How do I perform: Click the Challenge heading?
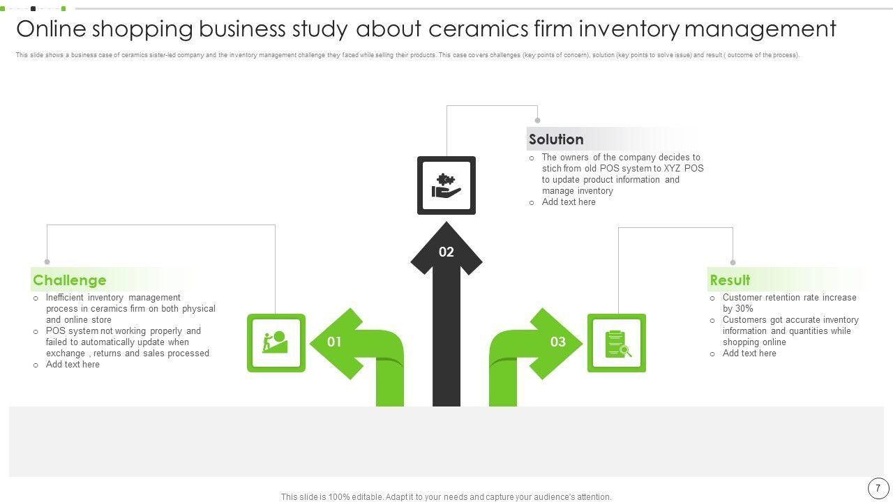[70, 280]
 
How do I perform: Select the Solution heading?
[556, 139]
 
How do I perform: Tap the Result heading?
[730, 280]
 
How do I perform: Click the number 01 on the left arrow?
[334, 342]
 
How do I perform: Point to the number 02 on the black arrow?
[446, 252]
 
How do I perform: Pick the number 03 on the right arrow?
[558, 342]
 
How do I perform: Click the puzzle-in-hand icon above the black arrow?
[446, 185]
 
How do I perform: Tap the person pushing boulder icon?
[276, 342]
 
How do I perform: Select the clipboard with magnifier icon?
[617, 343]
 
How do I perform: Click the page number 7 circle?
[878, 488]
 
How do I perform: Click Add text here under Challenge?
[73, 365]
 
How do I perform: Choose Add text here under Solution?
[569, 202]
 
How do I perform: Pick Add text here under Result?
[749, 353]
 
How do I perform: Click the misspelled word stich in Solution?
[552, 169]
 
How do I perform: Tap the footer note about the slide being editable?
[446, 497]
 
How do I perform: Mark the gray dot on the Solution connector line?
[537, 121]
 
